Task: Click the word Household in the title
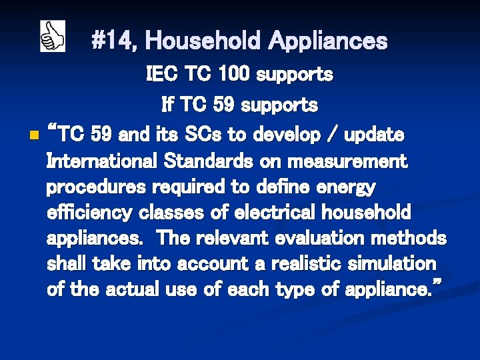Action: [203, 41]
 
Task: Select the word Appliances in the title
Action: [328, 41]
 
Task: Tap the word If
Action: [168, 105]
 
